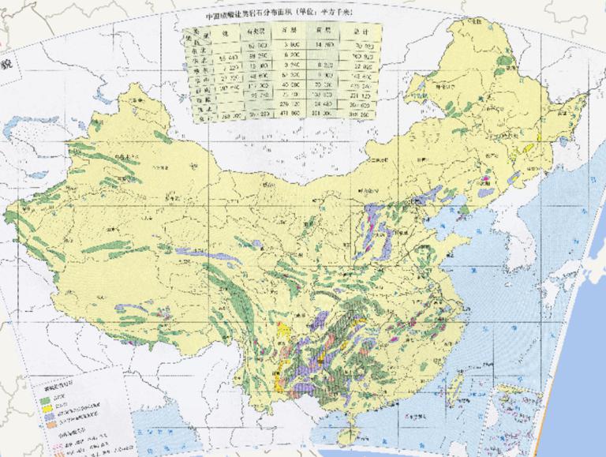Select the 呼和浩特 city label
(374, 192)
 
